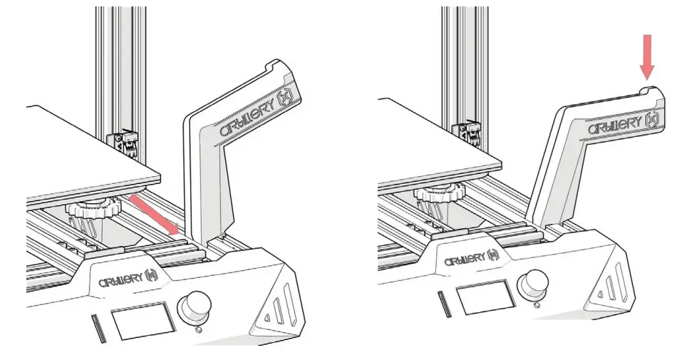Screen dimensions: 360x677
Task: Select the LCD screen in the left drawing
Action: [x=145, y=321]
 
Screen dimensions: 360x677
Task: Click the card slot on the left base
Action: [x=95, y=327]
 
